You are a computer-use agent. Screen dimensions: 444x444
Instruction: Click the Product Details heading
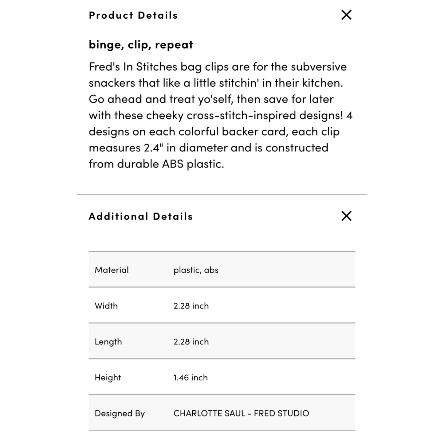tap(133, 15)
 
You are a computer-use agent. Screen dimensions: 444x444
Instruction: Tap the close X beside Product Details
tap(346, 15)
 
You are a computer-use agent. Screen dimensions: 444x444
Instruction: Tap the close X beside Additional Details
tap(346, 216)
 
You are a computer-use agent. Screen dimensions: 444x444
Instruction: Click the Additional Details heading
tap(141, 216)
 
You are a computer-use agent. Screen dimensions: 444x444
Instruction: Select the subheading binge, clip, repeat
tap(141, 45)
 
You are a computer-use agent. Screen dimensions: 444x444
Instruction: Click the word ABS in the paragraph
tap(173, 164)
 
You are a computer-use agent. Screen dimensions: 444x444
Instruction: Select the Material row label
tap(112, 270)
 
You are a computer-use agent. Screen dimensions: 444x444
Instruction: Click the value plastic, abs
tap(196, 270)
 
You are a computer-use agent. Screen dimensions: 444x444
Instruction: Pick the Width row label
tap(106, 306)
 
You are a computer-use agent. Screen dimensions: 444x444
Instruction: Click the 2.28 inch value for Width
tap(191, 306)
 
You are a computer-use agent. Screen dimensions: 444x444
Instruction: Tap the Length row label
tap(108, 342)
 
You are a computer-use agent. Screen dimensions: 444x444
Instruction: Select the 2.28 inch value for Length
tap(191, 342)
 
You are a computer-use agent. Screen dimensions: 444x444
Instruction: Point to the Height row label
tap(108, 378)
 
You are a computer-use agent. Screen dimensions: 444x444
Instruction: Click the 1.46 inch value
tap(190, 378)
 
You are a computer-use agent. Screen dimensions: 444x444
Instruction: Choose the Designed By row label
tap(120, 414)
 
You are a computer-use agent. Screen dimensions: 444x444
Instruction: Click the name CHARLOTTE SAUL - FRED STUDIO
tap(241, 413)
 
